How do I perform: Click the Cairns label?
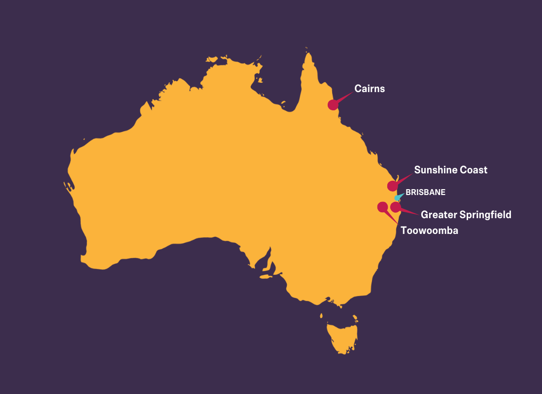click(370, 89)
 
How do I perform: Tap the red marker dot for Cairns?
click(333, 104)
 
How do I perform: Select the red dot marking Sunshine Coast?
click(392, 186)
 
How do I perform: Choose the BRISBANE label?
click(425, 193)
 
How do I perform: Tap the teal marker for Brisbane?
click(397, 197)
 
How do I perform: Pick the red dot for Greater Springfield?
click(395, 207)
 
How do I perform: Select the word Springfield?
click(485, 215)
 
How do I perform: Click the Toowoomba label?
click(429, 230)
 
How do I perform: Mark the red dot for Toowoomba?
click(382, 207)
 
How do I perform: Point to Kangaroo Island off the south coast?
click(266, 277)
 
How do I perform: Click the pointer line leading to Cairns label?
click(345, 97)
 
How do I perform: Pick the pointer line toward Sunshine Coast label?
click(404, 178)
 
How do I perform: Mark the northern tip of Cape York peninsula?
click(309, 53)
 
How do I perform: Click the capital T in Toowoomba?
click(404, 230)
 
